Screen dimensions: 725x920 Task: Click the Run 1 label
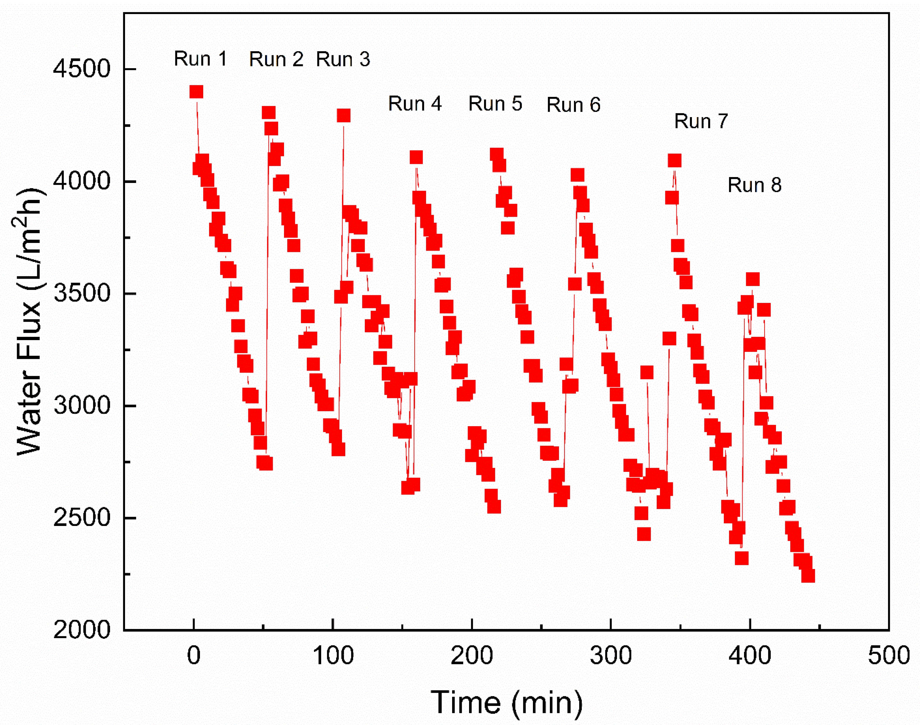[x=200, y=59]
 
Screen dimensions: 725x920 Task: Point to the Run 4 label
[x=415, y=104]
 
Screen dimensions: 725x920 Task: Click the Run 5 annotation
[x=495, y=104]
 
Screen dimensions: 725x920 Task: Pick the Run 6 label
[x=573, y=105]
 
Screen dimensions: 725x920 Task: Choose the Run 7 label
[x=701, y=121]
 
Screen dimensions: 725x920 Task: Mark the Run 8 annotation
[x=755, y=185]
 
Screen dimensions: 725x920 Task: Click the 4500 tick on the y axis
[x=81, y=69]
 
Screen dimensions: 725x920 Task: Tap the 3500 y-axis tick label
[x=81, y=293]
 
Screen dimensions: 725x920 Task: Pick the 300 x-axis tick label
[x=611, y=656]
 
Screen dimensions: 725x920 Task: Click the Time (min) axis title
[x=507, y=702]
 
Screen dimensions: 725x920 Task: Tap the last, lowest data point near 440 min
[x=808, y=576]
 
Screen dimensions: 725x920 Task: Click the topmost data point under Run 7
[x=674, y=160]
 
